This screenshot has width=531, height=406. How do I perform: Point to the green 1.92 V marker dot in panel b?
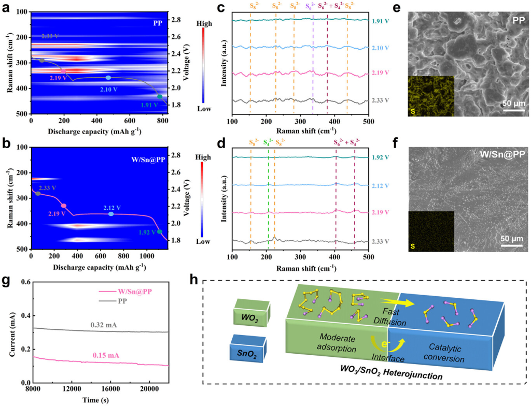160,231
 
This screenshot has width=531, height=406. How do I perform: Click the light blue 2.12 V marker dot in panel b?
111,214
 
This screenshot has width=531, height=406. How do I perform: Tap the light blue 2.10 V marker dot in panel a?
108,78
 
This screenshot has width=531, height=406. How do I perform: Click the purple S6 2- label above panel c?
313,8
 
